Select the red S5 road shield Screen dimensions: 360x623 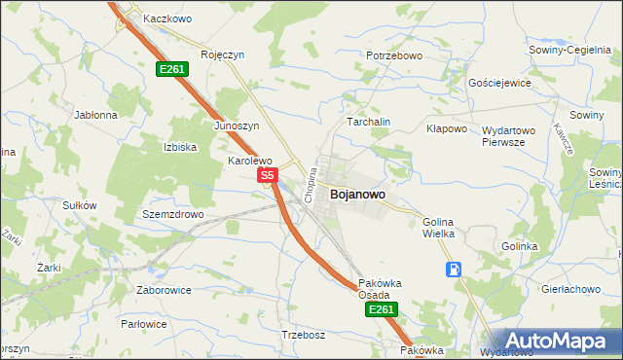pyautogui.click(x=269, y=175)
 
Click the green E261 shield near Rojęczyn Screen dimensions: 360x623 pyautogui.click(x=172, y=69)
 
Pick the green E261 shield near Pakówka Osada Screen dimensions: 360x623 pyautogui.click(x=382, y=309)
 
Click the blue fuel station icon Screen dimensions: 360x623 pyautogui.click(x=454, y=270)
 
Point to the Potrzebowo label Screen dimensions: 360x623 pyautogui.click(x=394, y=56)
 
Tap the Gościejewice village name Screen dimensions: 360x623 pyautogui.click(x=499, y=84)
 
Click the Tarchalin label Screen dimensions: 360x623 pyautogui.click(x=369, y=122)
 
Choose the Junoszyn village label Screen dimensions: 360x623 pyautogui.click(x=236, y=126)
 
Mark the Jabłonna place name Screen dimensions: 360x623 pyautogui.click(x=95, y=114)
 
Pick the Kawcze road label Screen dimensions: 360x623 pyautogui.click(x=563, y=138)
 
